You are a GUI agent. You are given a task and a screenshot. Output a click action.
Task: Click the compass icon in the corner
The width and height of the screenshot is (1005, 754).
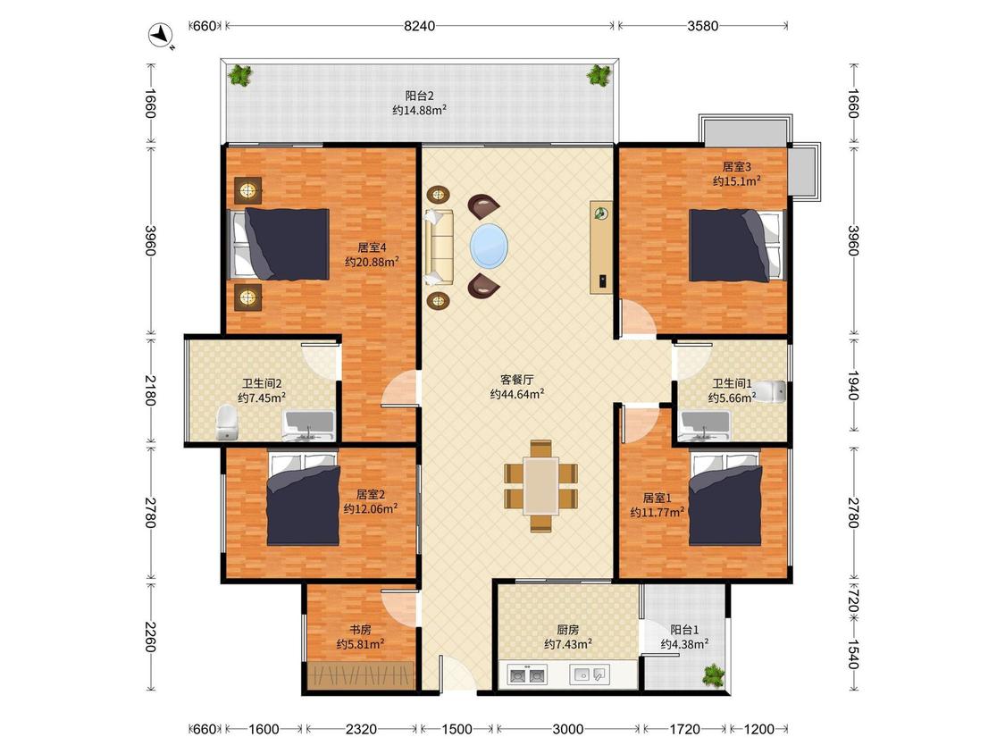(x=161, y=35)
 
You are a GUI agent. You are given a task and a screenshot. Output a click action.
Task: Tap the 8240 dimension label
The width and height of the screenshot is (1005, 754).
(x=419, y=26)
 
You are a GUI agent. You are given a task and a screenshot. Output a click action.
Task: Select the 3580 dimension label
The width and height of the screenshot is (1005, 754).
(x=702, y=26)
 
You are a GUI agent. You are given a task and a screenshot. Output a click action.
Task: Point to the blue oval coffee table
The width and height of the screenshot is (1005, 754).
(x=489, y=244)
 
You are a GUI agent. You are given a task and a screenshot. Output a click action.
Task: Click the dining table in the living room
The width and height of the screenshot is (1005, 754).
(x=541, y=486)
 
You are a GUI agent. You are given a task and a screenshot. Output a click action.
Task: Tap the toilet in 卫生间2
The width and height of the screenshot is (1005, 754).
(x=226, y=423)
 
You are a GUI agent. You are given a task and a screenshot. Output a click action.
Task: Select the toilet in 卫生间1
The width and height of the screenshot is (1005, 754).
(x=770, y=391)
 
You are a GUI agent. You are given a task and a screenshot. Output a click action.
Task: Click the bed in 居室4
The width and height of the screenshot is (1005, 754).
(x=280, y=244)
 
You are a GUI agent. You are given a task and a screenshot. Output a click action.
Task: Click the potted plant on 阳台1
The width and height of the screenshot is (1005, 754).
(x=713, y=675)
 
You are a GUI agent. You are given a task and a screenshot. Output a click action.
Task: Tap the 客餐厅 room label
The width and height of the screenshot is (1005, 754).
(x=516, y=380)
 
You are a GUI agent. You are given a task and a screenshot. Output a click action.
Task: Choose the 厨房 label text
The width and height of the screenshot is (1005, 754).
(x=568, y=630)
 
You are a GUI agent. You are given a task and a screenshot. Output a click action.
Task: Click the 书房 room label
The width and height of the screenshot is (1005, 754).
(x=360, y=630)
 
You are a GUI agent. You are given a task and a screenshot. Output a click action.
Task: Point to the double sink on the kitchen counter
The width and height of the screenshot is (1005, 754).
(x=527, y=674)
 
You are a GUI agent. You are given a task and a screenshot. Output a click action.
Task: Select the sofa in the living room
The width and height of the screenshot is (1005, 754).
(x=439, y=247)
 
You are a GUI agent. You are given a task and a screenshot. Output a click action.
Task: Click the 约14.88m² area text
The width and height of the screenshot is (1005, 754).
(x=420, y=110)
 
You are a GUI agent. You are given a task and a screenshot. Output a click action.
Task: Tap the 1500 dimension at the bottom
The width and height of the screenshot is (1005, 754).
(x=457, y=729)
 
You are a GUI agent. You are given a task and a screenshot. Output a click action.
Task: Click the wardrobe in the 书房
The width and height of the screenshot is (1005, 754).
(x=361, y=674)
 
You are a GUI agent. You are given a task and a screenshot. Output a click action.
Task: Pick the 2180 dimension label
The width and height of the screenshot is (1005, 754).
(x=149, y=390)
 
